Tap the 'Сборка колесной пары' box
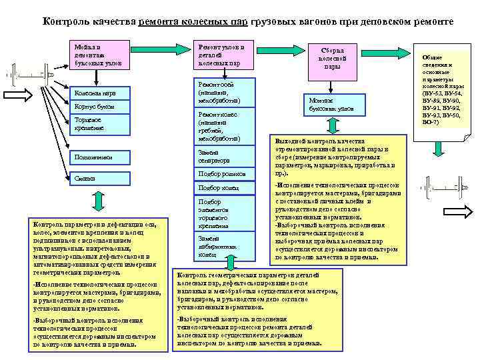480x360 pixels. pos(332,59)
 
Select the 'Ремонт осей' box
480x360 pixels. pos(223,92)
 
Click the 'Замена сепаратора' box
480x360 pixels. pos(223,156)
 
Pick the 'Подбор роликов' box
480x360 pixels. pos(223,174)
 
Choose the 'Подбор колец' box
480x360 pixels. pos(223,188)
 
